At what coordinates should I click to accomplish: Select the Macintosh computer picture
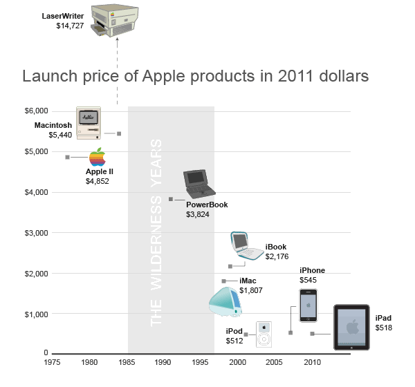coord(89,124)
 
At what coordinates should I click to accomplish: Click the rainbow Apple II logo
coord(97,157)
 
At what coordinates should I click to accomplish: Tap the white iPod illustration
coord(266,334)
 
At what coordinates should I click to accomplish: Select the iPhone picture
coord(308,305)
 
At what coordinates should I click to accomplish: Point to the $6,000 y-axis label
coord(35,111)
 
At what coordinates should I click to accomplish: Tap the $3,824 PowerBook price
coord(198,215)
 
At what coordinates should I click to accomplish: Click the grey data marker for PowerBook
coord(170,199)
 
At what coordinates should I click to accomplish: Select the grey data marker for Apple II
coord(67,158)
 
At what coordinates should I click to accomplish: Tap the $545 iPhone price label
coord(308,280)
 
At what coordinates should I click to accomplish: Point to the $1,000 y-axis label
coord(35,314)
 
